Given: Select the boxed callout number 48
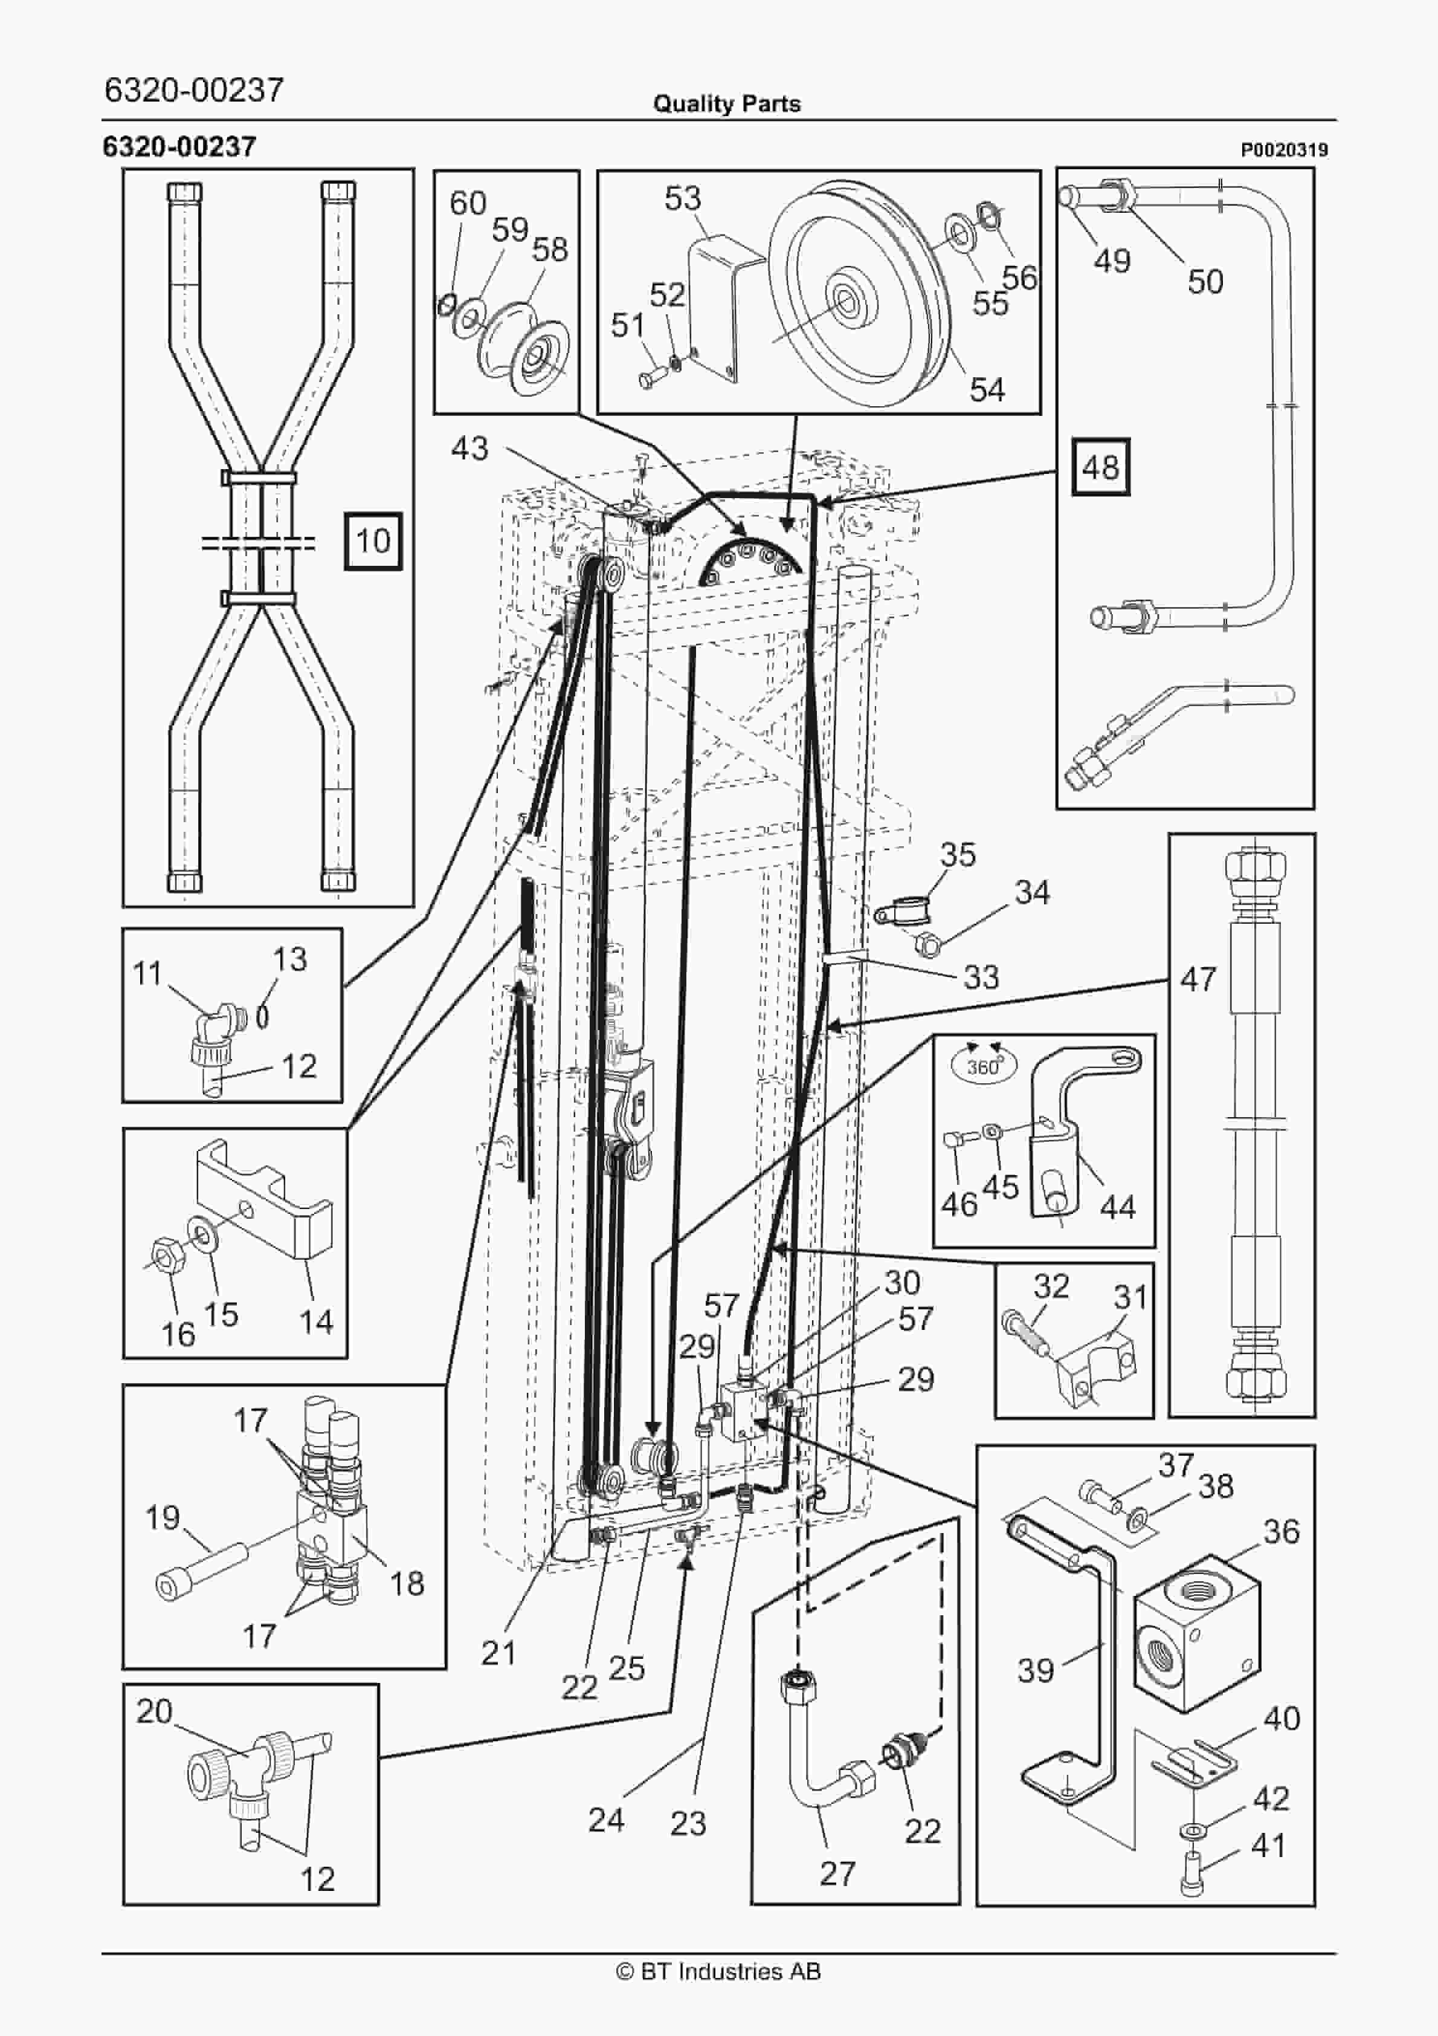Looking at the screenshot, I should pyautogui.click(x=1100, y=467).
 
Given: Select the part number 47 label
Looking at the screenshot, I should pyautogui.click(x=1198, y=980).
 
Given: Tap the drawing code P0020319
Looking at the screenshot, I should pyautogui.click(x=1284, y=151).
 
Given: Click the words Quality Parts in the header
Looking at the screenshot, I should pyautogui.click(x=726, y=104).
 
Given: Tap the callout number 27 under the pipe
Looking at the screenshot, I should pyautogui.click(x=837, y=1874).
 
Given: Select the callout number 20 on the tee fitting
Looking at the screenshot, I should pyautogui.click(x=153, y=1711).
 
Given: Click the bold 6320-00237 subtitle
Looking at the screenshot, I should pyautogui.click(x=179, y=146).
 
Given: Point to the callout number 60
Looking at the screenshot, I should pyautogui.click(x=467, y=203).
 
